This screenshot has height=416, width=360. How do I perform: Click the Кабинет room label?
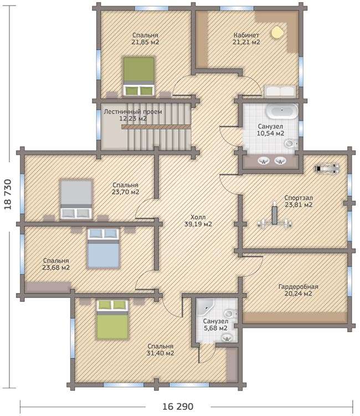point(246,35)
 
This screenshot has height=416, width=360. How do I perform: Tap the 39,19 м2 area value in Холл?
point(198,224)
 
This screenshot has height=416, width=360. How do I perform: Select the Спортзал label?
point(299,198)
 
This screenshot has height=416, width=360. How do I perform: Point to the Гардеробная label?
point(298,287)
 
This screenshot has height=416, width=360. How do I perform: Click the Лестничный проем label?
point(133,112)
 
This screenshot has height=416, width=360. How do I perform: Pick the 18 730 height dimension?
point(8,195)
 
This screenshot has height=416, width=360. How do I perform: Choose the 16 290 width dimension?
point(178,407)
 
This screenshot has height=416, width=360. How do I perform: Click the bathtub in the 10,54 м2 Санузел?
point(282,111)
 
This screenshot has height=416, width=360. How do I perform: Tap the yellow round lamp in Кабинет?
point(277,32)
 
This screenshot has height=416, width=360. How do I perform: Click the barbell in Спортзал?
point(275,219)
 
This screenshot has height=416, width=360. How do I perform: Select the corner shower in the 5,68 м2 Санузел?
point(205,307)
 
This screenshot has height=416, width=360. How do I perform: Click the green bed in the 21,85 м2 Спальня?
point(139,76)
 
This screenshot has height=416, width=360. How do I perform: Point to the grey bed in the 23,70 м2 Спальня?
point(76,199)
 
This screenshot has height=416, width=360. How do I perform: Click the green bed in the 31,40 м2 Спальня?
point(112,320)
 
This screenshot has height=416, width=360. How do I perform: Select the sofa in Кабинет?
point(279,92)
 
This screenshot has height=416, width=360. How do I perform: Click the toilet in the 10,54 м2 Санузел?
point(291,144)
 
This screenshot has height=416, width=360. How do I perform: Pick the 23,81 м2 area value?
point(299,205)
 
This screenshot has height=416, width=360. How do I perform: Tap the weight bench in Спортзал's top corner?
point(327,169)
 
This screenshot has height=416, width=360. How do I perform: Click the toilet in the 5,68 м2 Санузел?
point(230,314)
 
